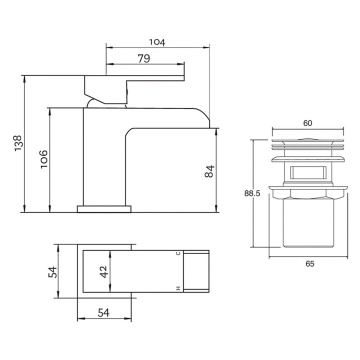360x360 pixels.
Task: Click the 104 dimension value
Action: click(157, 42)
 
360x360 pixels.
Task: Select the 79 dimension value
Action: click(144, 59)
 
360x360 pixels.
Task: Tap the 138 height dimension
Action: click(18, 143)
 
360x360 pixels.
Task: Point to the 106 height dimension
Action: click(44, 159)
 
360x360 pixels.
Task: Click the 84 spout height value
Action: click(209, 171)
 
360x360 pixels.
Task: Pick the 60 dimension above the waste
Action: click(308, 123)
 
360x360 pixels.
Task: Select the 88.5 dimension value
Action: click(252, 194)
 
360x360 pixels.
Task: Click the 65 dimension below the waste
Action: click(310, 264)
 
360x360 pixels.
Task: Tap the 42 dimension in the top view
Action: click(104, 271)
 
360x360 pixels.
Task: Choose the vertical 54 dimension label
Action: click(53, 272)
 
